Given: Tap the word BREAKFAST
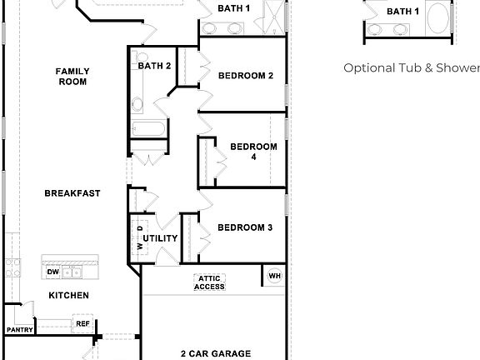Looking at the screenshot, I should point(72,193).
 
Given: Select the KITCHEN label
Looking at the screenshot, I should point(68,296).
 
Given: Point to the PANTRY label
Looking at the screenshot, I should point(19,330).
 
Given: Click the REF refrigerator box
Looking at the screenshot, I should point(82,324).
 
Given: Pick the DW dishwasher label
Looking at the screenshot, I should point(52,272).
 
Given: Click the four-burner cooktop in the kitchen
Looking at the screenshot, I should point(12,268).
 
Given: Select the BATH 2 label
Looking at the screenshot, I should point(154,66).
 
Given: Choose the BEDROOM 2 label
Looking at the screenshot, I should point(246,76).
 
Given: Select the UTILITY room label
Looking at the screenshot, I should point(161,239).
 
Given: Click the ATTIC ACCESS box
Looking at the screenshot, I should point(210,282).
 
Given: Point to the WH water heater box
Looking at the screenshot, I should point(274,276).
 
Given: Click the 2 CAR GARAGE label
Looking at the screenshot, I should point(216,353).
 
